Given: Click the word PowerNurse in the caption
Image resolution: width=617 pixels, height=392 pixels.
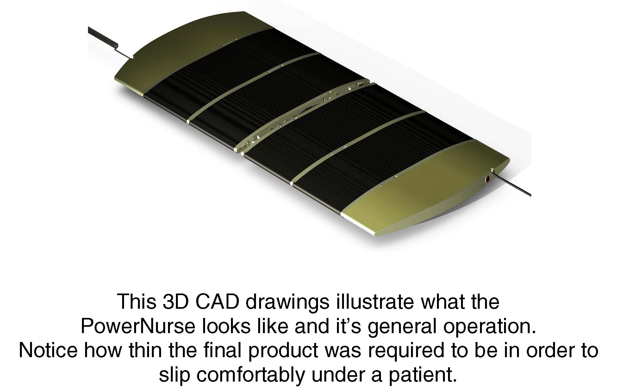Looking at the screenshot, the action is point(138,326).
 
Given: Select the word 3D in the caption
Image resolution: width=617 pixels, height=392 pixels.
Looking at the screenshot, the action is point(175,301).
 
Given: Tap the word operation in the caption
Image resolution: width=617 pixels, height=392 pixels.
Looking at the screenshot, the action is point(490,327).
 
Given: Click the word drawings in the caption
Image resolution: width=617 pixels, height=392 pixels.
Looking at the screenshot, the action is point(287,302).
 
